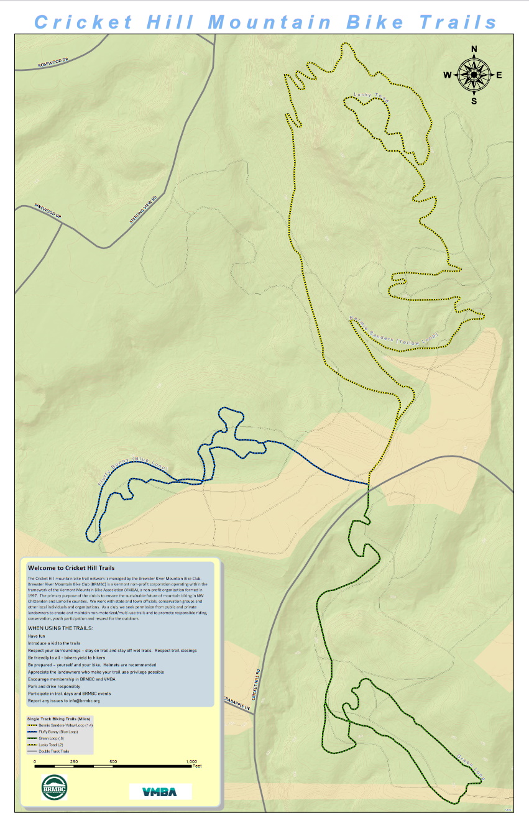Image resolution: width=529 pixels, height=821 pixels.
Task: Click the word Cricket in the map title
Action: click(x=84, y=22)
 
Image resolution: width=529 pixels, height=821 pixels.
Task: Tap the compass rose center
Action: click(x=474, y=75)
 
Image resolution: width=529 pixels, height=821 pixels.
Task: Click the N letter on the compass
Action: click(x=474, y=49)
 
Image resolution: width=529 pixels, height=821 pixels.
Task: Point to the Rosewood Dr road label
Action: click(x=51, y=64)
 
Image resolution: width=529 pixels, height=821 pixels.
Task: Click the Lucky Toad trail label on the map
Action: click(x=371, y=97)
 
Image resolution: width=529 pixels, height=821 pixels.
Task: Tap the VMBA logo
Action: click(x=160, y=791)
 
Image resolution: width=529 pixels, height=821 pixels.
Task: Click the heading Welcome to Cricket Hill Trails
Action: click(x=71, y=567)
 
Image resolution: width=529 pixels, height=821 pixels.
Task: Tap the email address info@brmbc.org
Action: click(x=80, y=700)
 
